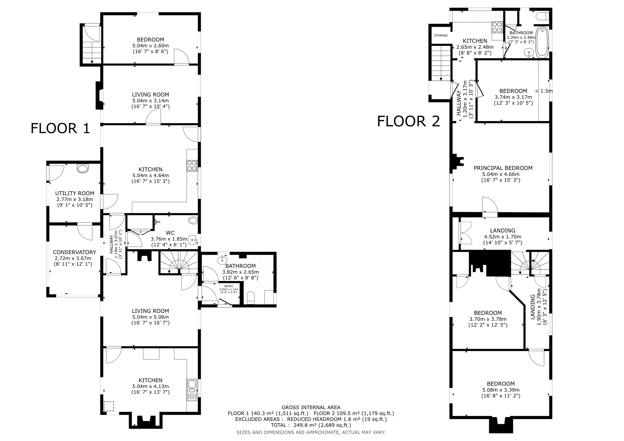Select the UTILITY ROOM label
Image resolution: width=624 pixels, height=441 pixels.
tap(75, 193)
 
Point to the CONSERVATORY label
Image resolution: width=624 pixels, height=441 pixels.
tap(75, 252)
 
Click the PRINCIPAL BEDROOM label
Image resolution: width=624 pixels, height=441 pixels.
tap(503, 168)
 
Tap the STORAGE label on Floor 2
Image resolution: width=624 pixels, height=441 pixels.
tap(441, 36)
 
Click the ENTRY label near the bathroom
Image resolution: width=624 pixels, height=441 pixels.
tap(229, 286)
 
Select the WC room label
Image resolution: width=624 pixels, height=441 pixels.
tap(170, 233)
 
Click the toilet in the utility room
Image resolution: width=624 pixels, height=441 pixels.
tap(83, 168)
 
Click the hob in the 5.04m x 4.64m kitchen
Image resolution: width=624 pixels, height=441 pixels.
tap(192, 165)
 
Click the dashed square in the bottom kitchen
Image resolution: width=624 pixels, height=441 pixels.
tap(109, 406)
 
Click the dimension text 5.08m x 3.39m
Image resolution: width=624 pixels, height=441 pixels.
tap(501, 390)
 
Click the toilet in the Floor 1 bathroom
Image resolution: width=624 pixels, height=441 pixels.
tap(251, 298)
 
